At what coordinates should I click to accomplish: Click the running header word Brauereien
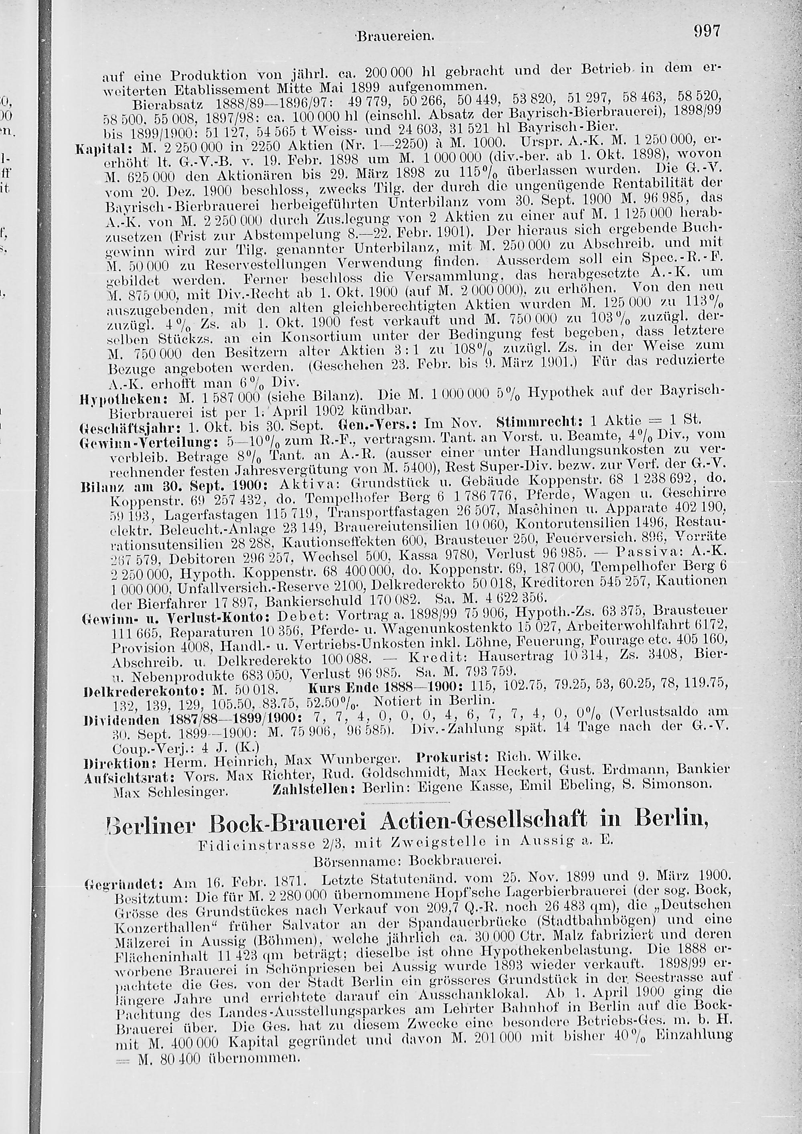point(396,36)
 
